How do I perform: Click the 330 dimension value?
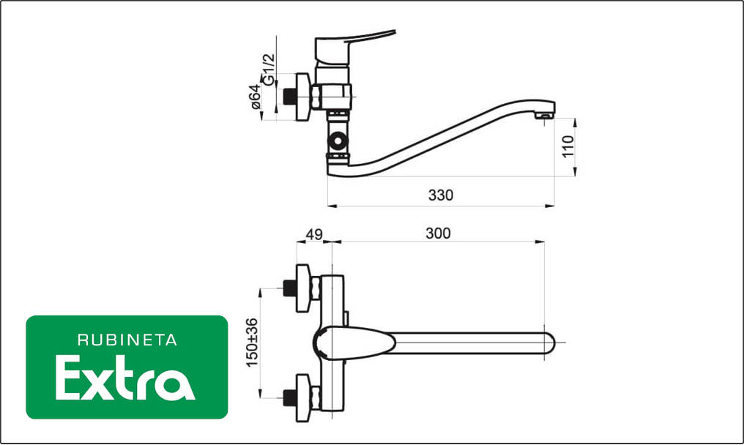440,195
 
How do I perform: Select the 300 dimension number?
438,233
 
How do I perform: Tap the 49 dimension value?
314,234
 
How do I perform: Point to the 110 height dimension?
568,146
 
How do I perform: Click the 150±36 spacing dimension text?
252,342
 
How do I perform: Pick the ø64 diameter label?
256,97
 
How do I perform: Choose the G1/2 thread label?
269,70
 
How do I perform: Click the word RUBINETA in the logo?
127,340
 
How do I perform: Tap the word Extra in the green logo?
125,378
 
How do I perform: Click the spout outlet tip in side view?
544,114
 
